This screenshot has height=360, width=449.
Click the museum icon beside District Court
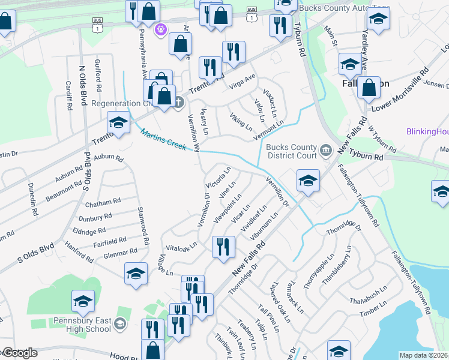click(325, 150)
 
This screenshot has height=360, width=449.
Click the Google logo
click(19, 353)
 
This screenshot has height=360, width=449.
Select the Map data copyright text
click(423, 355)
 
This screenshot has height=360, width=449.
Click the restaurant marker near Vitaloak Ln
click(223, 247)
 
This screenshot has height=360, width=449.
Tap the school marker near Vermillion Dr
click(307, 179)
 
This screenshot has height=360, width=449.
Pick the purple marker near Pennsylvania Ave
click(160, 29)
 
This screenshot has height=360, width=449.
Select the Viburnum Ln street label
click(264, 225)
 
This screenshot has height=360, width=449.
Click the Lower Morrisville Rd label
click(402, 89)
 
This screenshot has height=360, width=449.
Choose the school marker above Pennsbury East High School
click(83, 301)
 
